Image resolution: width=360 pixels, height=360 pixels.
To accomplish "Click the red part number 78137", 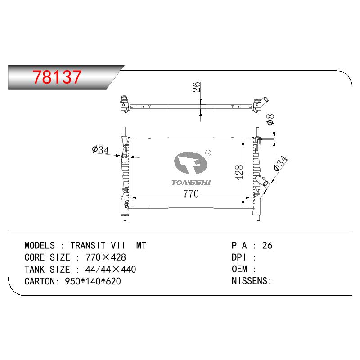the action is click(57, 76).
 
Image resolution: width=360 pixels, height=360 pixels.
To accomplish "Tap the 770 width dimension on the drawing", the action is click(191, 193).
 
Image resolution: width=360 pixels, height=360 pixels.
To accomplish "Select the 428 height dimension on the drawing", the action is click(239, 172).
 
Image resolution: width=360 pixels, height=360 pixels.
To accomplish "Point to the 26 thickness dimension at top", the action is click(197, 87).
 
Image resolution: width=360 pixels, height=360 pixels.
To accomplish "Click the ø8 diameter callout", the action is click(271, 120).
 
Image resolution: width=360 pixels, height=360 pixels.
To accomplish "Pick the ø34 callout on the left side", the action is click(100, 150).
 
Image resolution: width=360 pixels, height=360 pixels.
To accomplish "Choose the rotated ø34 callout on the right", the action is click(280, 163).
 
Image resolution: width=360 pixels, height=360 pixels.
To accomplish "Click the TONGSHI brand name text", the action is click(191, 183).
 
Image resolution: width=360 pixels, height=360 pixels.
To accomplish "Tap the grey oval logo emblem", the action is click(190, 163).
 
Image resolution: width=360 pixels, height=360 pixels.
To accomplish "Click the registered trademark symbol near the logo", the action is click(207, 153).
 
